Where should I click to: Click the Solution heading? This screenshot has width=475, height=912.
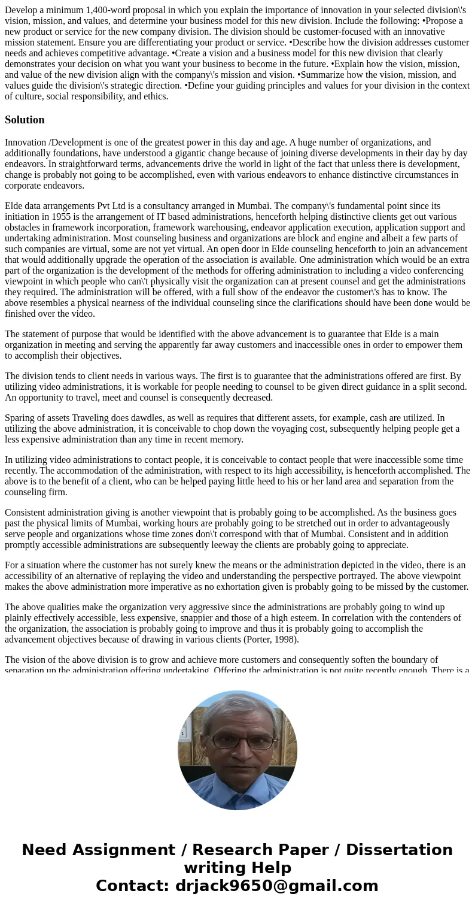(x=25, y=120)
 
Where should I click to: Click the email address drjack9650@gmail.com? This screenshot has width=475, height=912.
(x=277, y=886)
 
